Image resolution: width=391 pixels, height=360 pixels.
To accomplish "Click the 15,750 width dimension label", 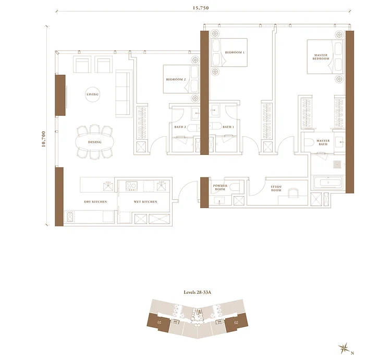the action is click(201, 8).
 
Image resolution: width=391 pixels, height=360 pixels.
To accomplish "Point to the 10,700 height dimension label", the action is click(44, 139).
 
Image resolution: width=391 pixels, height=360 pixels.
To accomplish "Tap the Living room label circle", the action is click(92, 94).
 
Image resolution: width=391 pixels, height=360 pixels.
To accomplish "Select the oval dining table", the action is click(94, 142).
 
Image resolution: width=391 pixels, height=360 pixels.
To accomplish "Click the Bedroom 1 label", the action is click(235, 52).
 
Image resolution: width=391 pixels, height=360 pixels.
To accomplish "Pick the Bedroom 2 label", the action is click(176, 79).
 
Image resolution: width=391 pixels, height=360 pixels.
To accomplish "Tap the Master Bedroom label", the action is click(321, 57).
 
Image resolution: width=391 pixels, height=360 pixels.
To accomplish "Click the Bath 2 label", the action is click(180, 127).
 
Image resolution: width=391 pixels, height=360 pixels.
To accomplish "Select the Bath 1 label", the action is click(228, 127).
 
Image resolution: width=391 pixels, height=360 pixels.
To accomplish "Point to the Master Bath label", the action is click(323, 142).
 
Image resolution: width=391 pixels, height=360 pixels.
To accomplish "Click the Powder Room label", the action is click(220, 187).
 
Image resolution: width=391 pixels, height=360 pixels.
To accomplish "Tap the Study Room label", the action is click(276, 188).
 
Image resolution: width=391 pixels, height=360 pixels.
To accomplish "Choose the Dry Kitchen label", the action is click(95, 201).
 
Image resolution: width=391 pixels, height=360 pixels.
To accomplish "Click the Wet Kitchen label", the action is click(145, 201).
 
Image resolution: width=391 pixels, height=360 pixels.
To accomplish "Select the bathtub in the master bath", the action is click(328, 183).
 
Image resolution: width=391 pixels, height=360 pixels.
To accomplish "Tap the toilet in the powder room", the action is click(235, 187).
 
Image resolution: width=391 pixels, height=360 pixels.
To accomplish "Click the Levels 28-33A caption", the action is click(197, 292).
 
